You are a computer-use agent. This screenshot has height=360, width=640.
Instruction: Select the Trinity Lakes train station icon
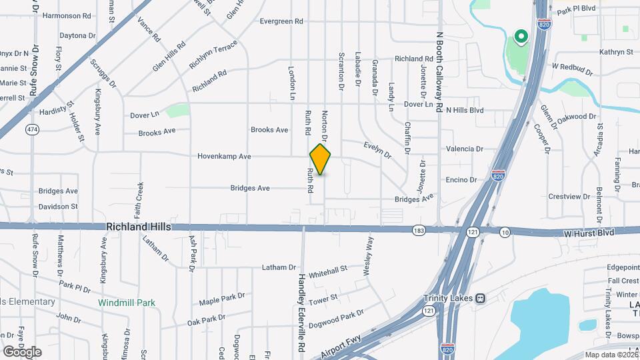point(480,298)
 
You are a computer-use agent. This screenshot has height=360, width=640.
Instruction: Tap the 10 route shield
point(505,231)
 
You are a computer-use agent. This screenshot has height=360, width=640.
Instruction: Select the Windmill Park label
point(127,303)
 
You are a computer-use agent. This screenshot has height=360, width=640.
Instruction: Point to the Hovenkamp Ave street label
point(224,156)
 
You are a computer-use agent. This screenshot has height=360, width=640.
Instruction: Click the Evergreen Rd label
point(281,21)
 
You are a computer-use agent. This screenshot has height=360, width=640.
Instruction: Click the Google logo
point(22,351)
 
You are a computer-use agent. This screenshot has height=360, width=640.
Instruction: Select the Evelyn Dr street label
point(377,150)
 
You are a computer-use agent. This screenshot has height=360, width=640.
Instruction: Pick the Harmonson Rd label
point(65,15)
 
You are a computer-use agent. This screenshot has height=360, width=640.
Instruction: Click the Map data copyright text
point(611,355)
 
